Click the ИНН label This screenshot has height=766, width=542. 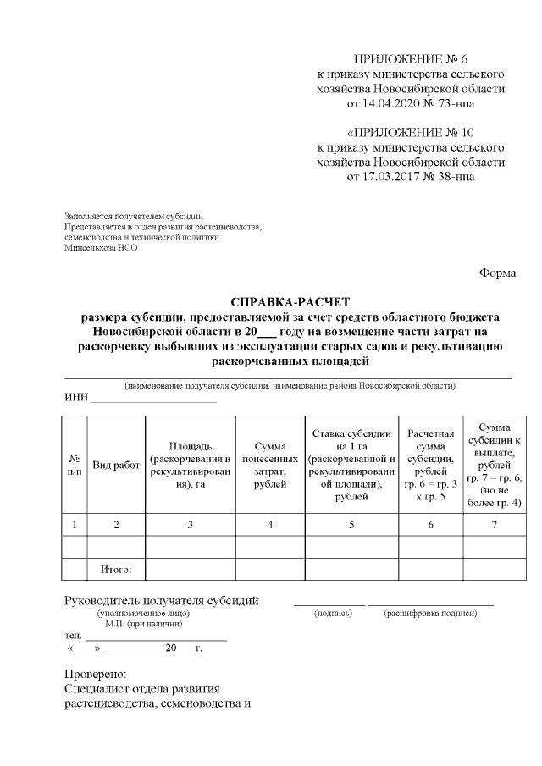pos(75,399)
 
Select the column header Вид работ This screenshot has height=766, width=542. pos(116,465)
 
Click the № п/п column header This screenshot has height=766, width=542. pos(75,465)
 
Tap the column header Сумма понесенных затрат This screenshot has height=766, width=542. pos(269,465)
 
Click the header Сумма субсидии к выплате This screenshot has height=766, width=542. pos(494,465)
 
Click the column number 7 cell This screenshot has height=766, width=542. pos(494,525)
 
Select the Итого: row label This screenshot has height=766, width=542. pos(116,569)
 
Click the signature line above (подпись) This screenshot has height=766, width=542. pos(329,604)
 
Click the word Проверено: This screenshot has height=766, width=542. pos(95,674)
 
